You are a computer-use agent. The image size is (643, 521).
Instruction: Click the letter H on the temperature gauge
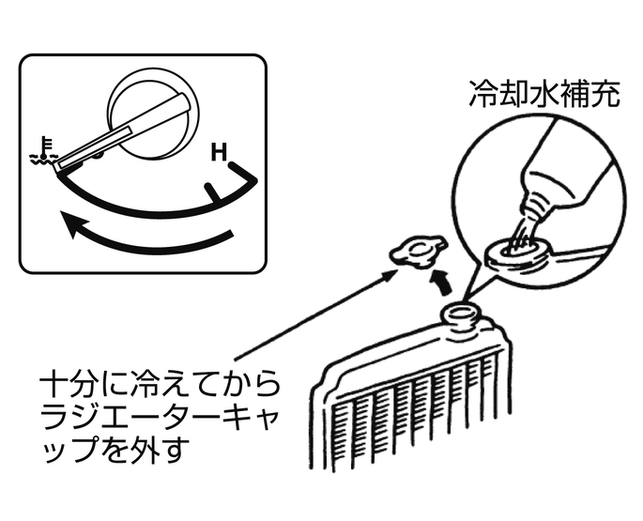219,152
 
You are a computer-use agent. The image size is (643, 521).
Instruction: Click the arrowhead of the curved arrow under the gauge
75,222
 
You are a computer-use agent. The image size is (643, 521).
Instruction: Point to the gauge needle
123,131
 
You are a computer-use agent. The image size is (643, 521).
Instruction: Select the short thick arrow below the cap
441,283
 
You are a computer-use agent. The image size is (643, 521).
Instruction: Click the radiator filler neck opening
460,314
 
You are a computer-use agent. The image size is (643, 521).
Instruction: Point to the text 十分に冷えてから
160,385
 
